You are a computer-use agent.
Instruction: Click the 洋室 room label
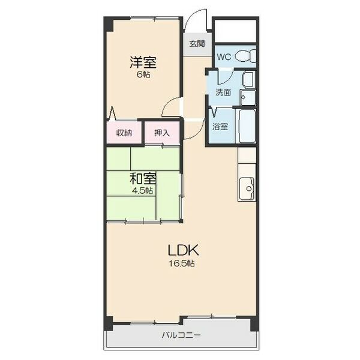[x=143, y=61]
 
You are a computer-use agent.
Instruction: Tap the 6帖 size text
[x=143, y=74]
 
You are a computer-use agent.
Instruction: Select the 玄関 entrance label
[x=197, y=44]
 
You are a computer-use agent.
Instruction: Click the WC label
[x=223, y=57]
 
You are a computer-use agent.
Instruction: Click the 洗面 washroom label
[x=223, y=93]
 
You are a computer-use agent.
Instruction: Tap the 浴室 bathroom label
[x=220, y=127]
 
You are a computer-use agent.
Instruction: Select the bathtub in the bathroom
[x=247, y=125]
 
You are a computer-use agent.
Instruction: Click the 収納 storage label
[x=124, y=133]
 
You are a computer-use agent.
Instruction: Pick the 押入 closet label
[x=162, y=133]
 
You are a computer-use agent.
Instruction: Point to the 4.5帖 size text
[x=143, y=191]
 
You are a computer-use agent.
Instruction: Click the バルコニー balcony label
[x=181, y=335]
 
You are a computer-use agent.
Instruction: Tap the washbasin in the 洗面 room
[x=247, y=97]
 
